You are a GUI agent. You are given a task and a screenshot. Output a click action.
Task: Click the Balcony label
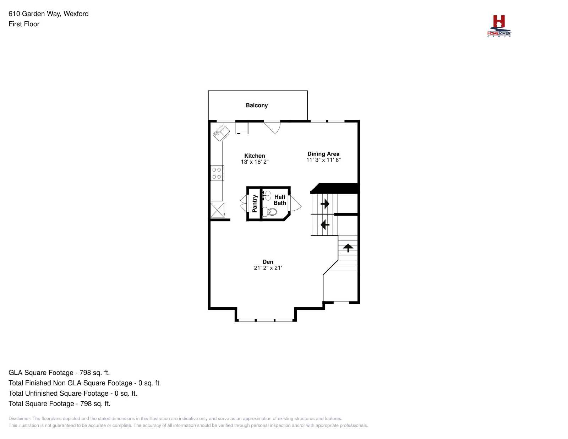coord(256,105)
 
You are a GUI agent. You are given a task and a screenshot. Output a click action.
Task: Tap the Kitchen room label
coord(254,156)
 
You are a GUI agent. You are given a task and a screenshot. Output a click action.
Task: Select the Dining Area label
coord(323,154)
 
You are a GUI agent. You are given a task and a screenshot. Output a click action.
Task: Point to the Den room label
coord(268,262)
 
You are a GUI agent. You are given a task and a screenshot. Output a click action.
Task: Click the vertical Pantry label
coord(254,204)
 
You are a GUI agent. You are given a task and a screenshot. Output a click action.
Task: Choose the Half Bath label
coord(280,200)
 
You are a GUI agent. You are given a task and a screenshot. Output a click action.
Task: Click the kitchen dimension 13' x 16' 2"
coord(254,162)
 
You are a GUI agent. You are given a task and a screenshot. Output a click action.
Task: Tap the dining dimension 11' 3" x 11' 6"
coord(323,160)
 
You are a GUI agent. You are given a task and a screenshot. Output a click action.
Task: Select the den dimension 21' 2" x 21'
coord(268,268)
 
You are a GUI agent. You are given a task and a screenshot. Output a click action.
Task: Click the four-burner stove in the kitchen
coord(217,173)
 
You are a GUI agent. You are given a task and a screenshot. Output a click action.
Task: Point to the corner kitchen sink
coord(221,133)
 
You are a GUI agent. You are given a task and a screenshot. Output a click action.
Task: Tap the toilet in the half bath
coord(269,212)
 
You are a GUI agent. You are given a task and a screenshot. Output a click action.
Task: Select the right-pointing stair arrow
coord(324,204)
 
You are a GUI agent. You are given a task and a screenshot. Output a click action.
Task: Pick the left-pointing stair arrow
coord(324,224)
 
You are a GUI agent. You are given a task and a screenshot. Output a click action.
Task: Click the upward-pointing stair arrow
coord(348,247)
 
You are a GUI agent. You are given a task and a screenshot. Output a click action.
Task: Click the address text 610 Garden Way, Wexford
coord(48,14)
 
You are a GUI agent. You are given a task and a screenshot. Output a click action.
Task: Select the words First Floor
coord(24,24)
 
